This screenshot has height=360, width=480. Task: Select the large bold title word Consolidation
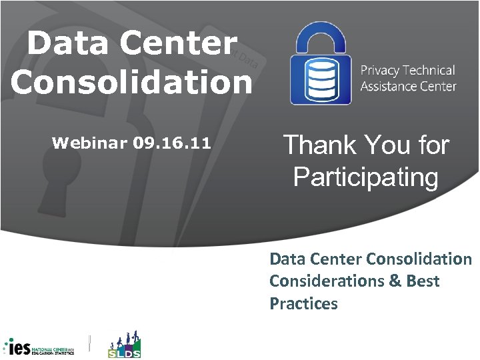coord(131,81)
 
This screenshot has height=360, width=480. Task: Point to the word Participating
coord(365,177)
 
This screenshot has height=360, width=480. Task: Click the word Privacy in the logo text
coord(382,71)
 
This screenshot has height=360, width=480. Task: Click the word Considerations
coord(319,281)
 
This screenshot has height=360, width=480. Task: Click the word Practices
coord(303,304)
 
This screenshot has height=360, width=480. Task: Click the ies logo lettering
coord(19,347)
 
